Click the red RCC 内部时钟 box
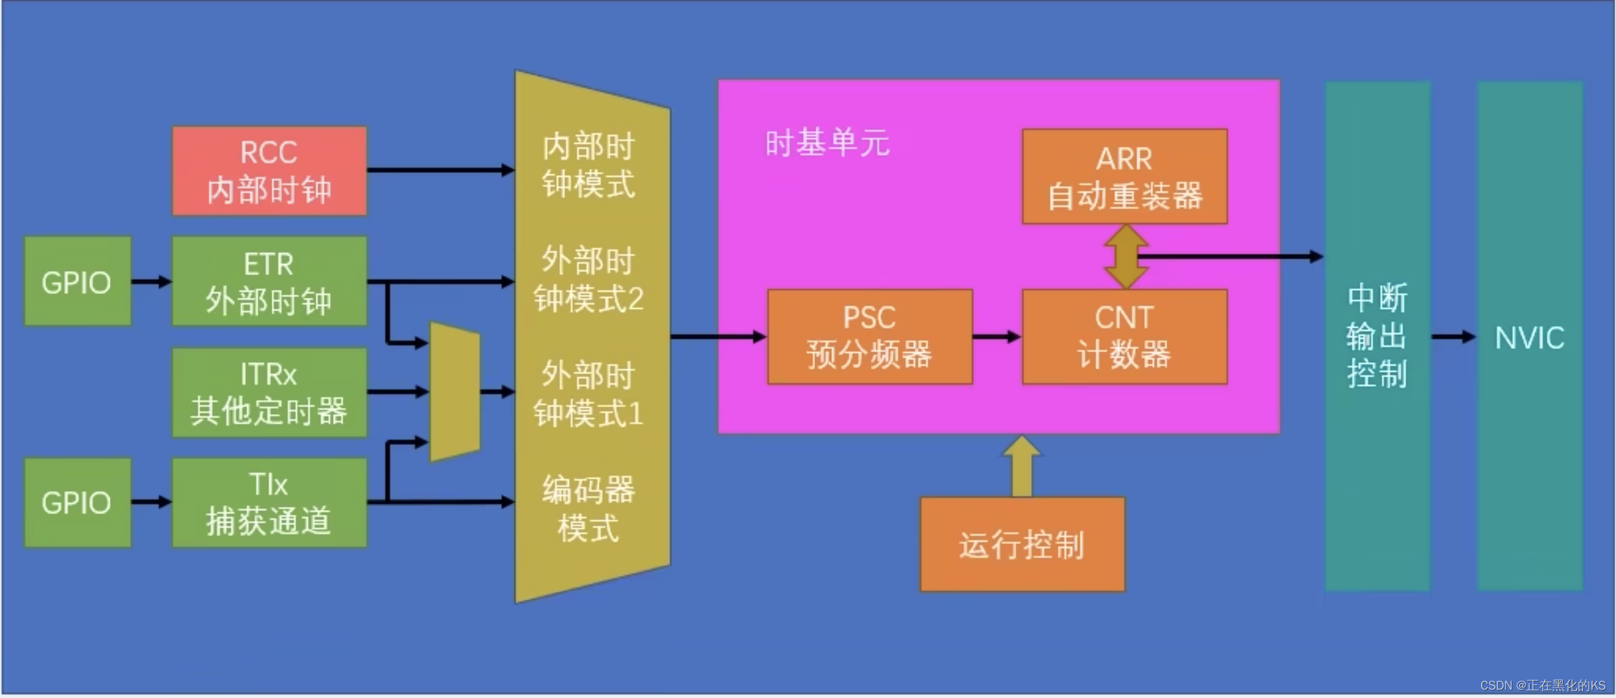pos(269,171)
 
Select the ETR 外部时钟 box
pos(269,281)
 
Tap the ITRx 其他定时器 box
pos(269,392)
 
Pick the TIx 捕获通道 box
pos(269,502)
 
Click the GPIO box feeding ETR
pos(77,281)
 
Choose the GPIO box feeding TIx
pos(77,502)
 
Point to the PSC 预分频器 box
pos(869,337)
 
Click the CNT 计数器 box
pos(1124,337)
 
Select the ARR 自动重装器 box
pos(1124,177)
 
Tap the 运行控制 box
pos(1022,545)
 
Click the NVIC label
pos(1529,337)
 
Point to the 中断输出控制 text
pos(1377,336)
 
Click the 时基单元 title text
pos(827,143)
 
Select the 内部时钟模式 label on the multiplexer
pos(588,166)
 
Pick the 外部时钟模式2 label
pos(588,280)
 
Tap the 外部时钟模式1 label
pos(588,394)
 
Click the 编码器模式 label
pos(588,509)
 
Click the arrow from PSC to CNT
pos(997,337)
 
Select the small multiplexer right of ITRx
pos(454,392)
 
